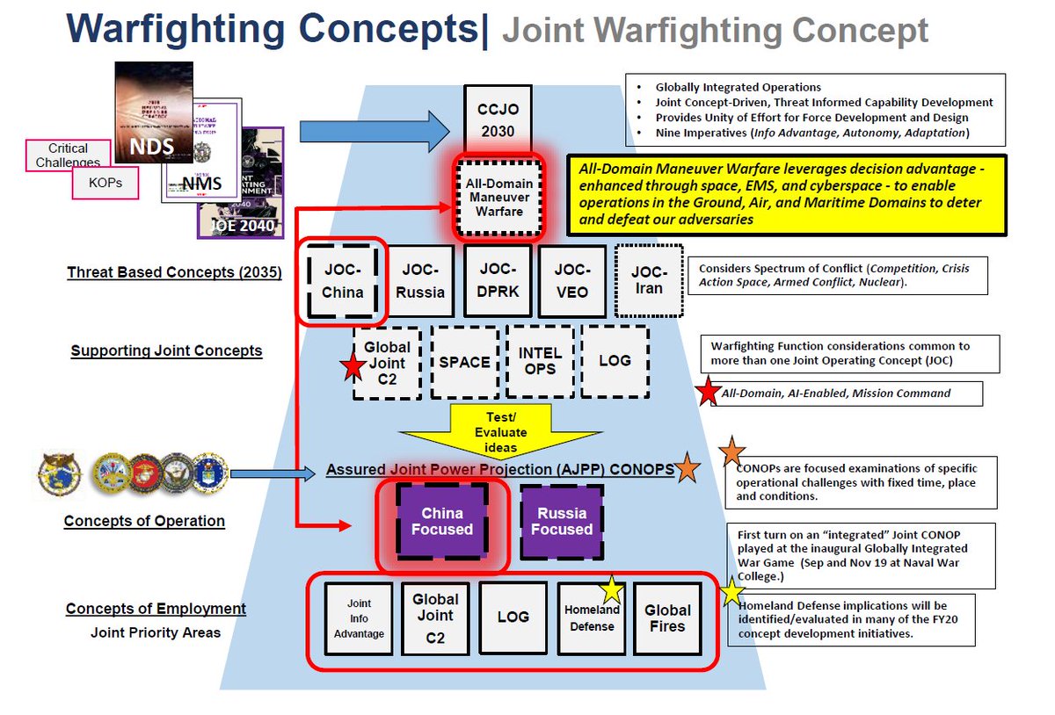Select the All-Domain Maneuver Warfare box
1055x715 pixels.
tap(499, 197)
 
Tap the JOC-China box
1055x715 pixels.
tap(342, 281)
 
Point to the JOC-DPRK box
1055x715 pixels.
tap(498, 281)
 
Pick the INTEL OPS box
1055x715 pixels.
tap(540, 361)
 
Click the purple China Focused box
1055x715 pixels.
tap(441, 521)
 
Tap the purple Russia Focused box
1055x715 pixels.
tap(561, 521)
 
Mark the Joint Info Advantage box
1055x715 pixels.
tap(359, 618)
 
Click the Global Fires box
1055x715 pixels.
tap(667, 618)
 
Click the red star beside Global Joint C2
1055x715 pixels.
tap(353, 366)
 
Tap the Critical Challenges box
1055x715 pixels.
tap(68, 155)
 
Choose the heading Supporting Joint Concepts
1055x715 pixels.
tap(166, 351)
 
